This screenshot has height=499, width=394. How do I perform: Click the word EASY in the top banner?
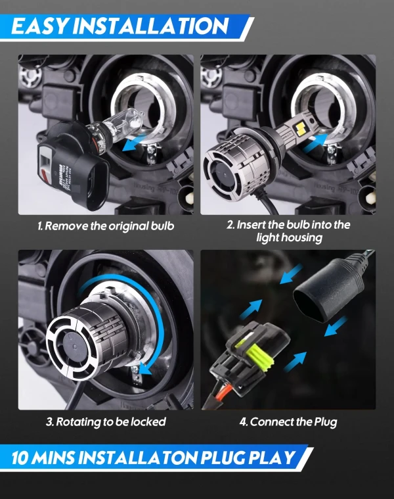(40, 26)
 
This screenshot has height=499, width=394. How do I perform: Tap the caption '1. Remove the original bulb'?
(106, 226)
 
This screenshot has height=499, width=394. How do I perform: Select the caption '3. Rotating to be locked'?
(106, 421)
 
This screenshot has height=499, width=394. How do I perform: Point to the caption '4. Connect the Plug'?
(288, 422)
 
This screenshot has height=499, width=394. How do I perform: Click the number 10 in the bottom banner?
(20, 458)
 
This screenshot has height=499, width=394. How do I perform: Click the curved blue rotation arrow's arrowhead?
(145, 369)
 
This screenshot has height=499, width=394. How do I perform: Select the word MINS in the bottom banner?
(53, 458)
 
